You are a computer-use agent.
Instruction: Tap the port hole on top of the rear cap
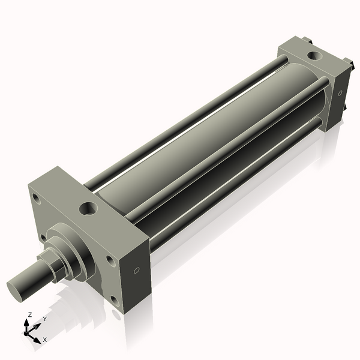[x=314, y=56]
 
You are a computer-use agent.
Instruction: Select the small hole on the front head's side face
[x=137, y=271]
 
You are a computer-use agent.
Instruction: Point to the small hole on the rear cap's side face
[x=340, y=93]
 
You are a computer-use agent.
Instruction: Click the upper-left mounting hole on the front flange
[x=37, y=197]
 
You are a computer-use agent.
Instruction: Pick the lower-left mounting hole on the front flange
[x=43, y=238]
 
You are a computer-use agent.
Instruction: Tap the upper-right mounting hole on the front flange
[x=110, y=259]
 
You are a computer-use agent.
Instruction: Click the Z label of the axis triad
[x=30, y=314]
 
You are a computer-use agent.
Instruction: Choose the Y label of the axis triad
[x=44, y=319]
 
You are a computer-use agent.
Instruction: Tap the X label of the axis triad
[x=45, y=340]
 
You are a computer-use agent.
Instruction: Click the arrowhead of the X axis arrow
[x=39, y=337]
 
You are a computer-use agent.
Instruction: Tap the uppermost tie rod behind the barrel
[x=180, y=120]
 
